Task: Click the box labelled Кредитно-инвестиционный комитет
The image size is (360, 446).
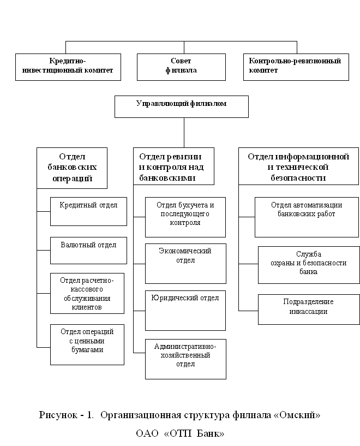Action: (68, 67)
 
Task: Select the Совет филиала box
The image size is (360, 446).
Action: (181, 67)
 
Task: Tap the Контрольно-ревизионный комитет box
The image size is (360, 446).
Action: (296, 67)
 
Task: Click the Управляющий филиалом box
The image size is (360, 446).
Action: (182, 106)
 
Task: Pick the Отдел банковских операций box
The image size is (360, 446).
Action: (72, 168)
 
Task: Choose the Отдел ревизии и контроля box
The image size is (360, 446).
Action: (173, 166)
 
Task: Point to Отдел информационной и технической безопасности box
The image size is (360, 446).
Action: (298, 166)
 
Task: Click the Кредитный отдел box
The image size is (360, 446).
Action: (89, 212)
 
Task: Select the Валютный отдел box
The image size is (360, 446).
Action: (89, 251)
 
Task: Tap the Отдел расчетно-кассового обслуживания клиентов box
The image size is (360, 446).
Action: (87, 294)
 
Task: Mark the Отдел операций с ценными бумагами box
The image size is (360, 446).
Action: (87, 345)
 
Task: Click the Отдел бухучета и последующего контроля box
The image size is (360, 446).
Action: (185, 217)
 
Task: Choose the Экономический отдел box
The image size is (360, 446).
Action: (186, 264)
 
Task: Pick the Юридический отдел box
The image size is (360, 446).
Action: (185, 311)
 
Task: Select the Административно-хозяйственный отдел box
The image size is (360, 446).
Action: (186, 359)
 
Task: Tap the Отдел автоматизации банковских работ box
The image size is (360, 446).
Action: (307, 217)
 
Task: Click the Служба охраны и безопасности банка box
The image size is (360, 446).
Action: (309, 265)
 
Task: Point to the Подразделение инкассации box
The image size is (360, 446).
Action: (309, 310)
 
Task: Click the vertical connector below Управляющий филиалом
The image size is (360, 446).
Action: (184, 133)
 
